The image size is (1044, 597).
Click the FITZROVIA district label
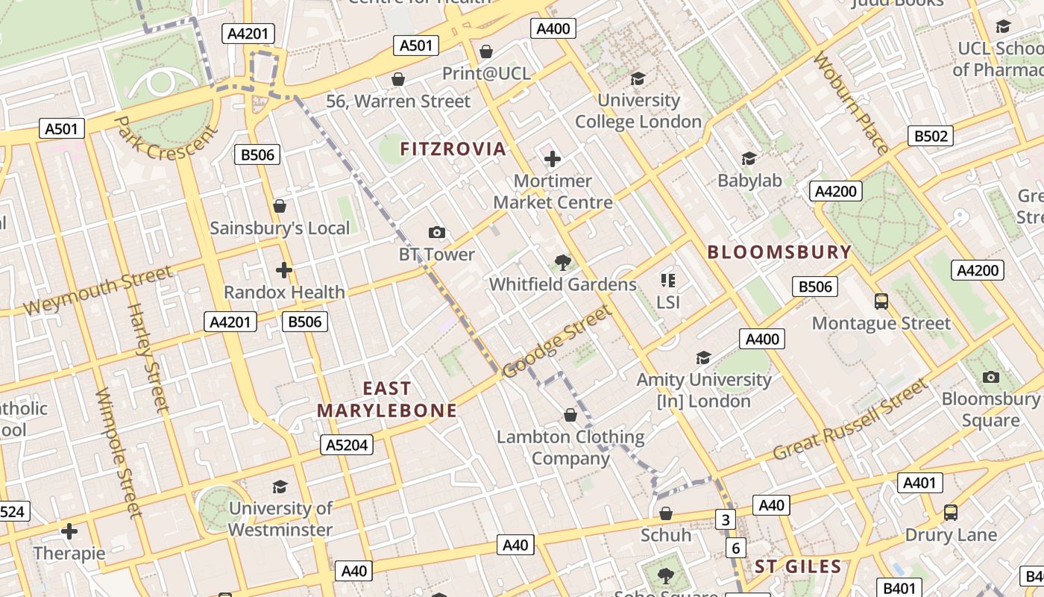click(453, 149)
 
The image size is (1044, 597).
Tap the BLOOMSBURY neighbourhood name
click(779, 252)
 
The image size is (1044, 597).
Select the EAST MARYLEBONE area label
click(387, 399)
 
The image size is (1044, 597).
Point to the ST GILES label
click(798, 566)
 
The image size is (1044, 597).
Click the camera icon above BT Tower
click(437, 233)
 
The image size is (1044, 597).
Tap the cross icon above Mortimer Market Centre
click(553, 159)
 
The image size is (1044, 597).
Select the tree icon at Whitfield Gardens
click(562, 262)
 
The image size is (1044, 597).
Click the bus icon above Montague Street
click(881, 301)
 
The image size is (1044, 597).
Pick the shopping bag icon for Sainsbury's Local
click(280, 206)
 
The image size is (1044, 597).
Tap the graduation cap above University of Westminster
click(280, 487)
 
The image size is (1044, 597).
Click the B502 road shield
click(931, 136)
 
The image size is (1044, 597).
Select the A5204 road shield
click(347, 446)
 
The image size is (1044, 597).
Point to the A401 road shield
click(919, 483)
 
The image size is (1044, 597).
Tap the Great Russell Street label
click(851, 420)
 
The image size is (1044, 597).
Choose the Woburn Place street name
click(850, 102)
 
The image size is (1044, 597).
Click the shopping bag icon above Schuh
click(666, 513)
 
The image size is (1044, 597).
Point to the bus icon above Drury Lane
click(951, 513)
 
